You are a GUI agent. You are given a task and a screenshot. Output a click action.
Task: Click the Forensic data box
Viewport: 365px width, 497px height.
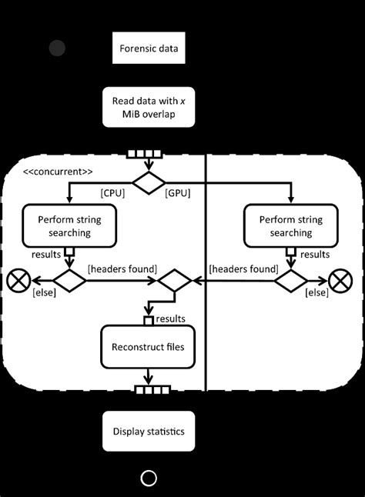[149, 48]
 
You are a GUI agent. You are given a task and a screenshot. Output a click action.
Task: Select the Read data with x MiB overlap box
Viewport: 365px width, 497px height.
[149, 107]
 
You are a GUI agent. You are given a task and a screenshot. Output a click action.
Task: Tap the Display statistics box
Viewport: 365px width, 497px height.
[149, 431]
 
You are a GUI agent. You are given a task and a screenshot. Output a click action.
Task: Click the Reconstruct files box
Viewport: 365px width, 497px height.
[148, 347]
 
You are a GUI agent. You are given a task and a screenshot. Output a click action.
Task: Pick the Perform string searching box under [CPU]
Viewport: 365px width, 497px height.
[69, 225]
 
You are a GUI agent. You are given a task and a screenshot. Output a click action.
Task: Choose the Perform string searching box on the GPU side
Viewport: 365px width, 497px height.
[291, 225]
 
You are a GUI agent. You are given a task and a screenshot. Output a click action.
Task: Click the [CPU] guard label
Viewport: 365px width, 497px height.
[112, 193]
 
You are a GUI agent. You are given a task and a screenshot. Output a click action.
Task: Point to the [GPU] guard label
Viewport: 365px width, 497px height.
[178, 193]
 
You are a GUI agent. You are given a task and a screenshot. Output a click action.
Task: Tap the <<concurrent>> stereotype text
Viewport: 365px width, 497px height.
[58, 172]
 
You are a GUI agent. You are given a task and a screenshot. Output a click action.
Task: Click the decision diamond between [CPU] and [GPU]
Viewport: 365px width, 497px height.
[149, 182]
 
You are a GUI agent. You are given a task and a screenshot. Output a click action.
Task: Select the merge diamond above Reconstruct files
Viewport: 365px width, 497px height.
[175, 281]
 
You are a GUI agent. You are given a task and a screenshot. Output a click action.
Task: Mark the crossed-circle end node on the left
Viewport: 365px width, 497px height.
[18, 281]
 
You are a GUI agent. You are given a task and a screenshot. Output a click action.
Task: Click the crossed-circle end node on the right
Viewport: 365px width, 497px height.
[340, 281]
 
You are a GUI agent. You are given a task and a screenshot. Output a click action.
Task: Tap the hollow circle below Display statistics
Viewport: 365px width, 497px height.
[149, 478]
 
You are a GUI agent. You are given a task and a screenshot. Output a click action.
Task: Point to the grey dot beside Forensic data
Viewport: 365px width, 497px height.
[58, 48]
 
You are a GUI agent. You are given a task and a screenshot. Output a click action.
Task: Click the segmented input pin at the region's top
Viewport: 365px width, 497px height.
[145, 154]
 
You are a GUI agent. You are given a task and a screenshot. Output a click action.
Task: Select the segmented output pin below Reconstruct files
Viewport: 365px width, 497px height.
[152, 390]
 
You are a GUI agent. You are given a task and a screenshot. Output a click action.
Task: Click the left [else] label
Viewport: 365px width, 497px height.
[45, 292]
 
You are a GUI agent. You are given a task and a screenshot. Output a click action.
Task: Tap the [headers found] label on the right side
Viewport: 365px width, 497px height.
[243, 269]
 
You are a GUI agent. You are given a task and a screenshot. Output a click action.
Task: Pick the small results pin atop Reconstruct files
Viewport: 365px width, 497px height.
[149, 321]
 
